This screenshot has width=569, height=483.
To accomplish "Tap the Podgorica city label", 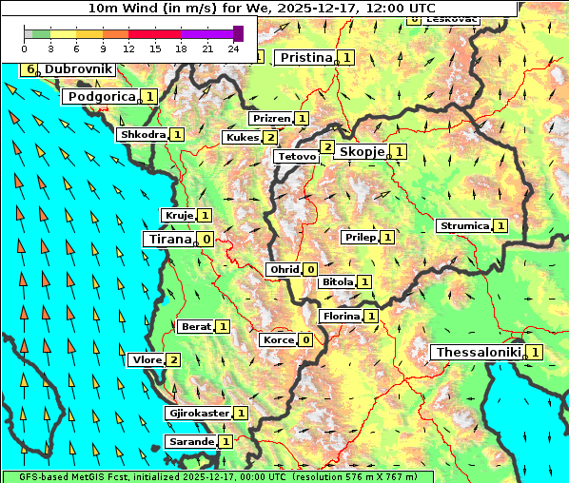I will [x=100, y=96].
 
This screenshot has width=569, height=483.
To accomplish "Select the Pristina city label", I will [x=305, y=58].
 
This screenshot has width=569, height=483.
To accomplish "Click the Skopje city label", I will [x=362, y=151].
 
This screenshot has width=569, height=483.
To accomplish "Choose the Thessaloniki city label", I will [x=478, y=352].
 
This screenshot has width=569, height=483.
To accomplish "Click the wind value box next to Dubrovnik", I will [x=30, y=69].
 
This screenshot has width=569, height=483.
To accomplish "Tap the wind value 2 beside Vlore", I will [x=173, y=359].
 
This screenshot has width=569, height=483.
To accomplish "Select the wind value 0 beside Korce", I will [x=305, y=339].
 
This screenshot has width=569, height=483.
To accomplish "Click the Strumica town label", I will [x=463, y=225].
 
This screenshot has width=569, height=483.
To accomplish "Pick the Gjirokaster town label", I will [x=198, y=413].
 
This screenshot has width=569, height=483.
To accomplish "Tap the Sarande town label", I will [x=190, y=441].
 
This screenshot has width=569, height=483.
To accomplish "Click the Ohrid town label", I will [x=284, y=269].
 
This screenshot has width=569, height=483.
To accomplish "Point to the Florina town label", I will [x=340, y=316].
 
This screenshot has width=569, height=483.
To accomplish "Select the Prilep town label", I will [x=360, y=236].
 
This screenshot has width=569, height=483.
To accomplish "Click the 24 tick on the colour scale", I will [x=234, y=48].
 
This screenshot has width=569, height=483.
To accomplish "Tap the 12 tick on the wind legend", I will [x=129, y=48].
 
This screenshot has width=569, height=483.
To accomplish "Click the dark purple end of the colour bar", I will [x=238, y=33].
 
